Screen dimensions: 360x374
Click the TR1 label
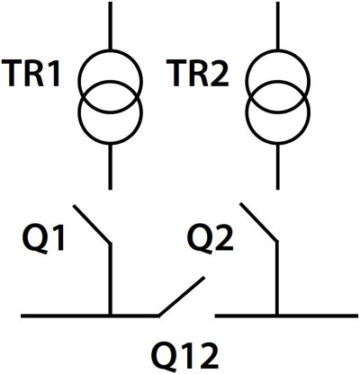(x=31, y=74)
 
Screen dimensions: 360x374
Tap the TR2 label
(x=198, y=74)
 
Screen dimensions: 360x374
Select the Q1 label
(x=44, y=239)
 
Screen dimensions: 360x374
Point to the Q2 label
(x=211, y=239)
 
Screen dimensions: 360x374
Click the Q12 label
(x=184, y=357)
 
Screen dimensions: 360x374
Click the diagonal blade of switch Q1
(x=92, y=224)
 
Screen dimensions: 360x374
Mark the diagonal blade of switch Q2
(x=258, y=222)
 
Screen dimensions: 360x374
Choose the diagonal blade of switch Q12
(x=182, y=296)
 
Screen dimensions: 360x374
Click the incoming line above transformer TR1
(x=110, y=26)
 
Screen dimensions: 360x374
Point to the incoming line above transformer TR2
(x=277, y=26)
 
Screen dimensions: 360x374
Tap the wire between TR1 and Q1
(x=110, y=167)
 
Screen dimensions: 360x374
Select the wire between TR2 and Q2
(x=277, y=167)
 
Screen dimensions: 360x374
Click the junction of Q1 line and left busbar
(x=110, y=316)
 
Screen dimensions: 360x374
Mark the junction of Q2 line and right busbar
(x=277, y=316)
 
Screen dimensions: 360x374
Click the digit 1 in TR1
(x=53, y=74)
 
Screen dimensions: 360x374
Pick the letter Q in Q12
(x=165, y=357)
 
